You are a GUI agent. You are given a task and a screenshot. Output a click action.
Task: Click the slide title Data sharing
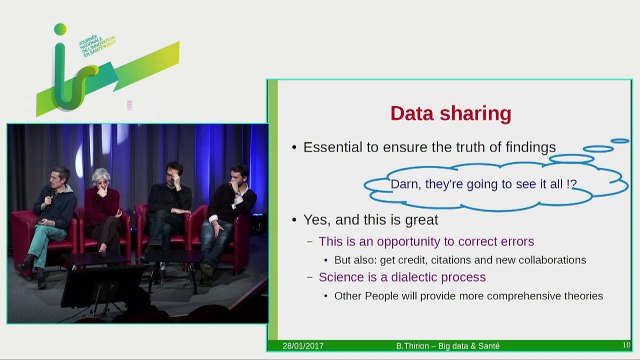(450, 113)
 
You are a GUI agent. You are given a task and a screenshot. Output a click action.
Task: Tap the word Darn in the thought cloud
(405, 184)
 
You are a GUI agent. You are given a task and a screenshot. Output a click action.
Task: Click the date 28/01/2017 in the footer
(301, 346)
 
